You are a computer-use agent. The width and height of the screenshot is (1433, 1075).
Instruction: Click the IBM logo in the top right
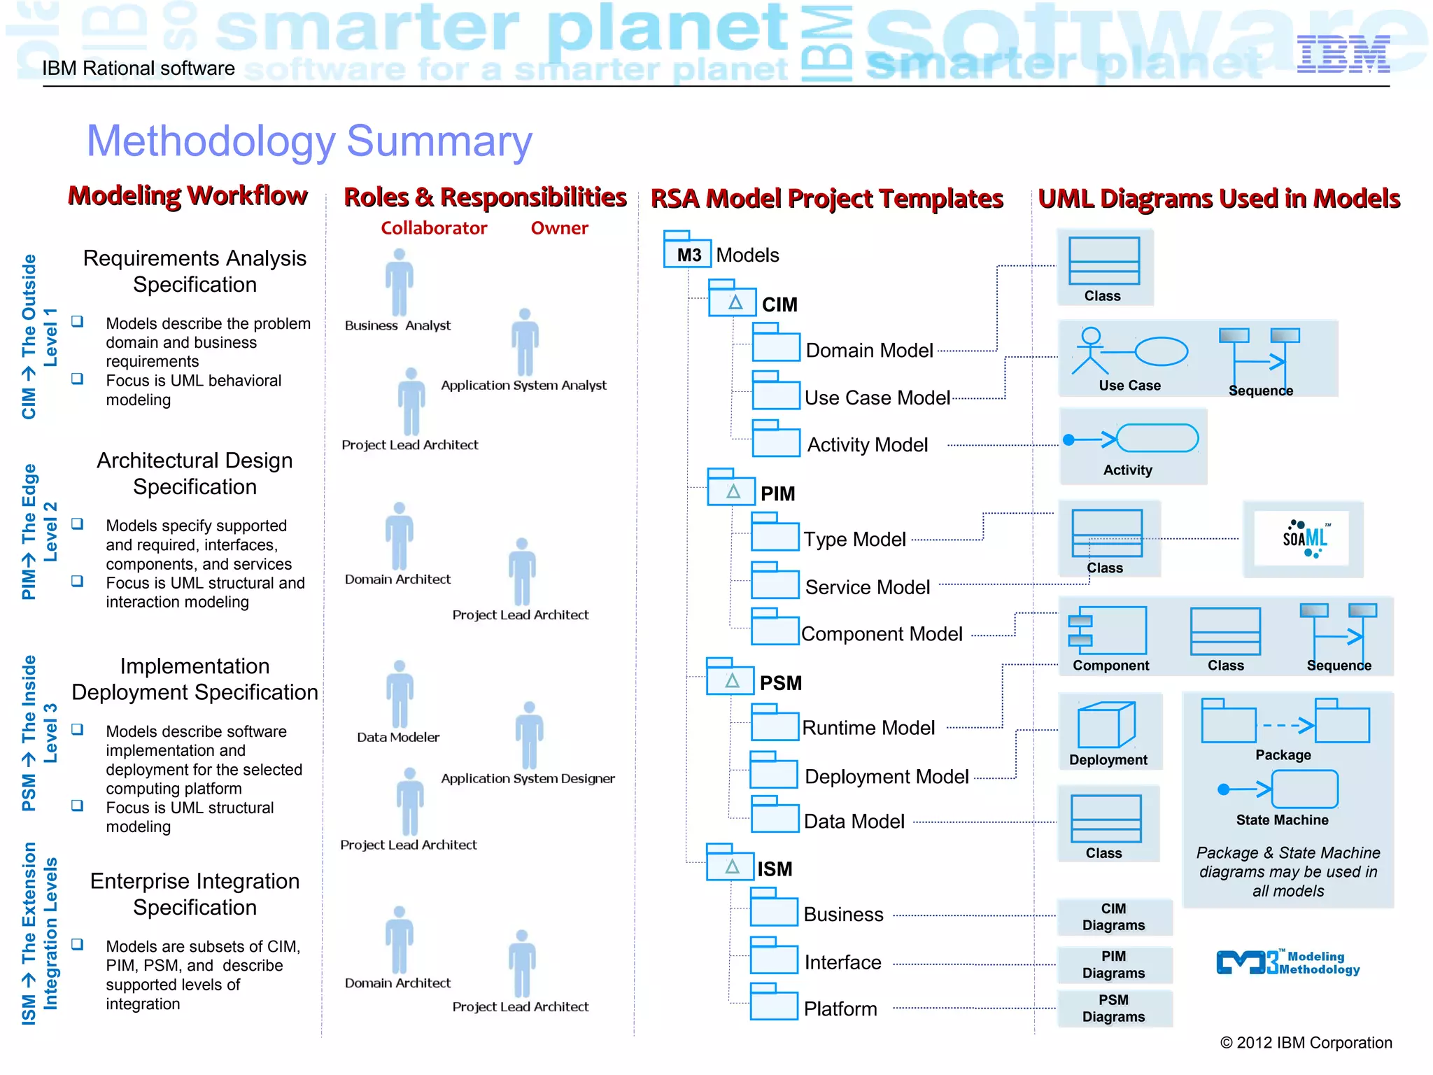tap(1343, 55)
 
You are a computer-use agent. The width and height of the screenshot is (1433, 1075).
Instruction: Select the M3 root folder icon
tap(687, 250)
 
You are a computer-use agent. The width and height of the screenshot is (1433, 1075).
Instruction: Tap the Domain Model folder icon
tap(775, 343)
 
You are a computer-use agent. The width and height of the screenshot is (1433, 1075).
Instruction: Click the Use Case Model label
tap(877, 398)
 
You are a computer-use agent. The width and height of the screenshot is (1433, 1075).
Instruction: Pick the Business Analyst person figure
tap(399, 282)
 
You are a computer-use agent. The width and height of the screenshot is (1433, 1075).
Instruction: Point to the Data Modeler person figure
tap(400, 694)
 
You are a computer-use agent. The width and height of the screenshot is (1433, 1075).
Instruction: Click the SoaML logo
tap(1304, 538)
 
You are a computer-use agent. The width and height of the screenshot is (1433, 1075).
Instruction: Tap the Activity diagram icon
tap(1133, 439)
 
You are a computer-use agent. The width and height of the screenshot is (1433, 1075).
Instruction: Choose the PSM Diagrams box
tap(1113, 1008)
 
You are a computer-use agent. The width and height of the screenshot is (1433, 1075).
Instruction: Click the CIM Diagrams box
tap(1113, 917)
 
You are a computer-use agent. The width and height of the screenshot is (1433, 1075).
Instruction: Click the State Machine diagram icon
tap(1280, 789)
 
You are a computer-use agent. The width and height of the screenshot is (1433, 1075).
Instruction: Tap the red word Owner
tap(559, 228)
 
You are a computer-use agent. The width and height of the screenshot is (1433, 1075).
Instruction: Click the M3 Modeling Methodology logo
tap(1287, 962)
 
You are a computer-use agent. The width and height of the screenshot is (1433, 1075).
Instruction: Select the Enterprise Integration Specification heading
tap(195, 894)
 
